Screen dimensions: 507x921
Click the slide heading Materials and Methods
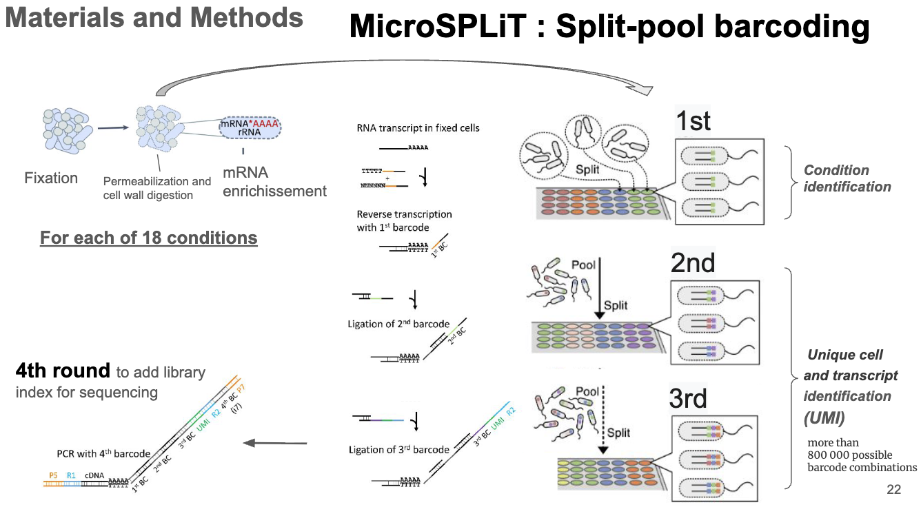pyautogui.click(x=154, y=18)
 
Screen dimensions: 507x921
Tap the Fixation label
pyautogui.click(x=51, y=178)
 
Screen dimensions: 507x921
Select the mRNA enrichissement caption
pyautogui.click(x=274, y=182)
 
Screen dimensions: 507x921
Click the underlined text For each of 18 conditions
pyautogui.click(x=148, y=238)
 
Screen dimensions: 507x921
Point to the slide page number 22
pyautogui.click(x=893, y=490)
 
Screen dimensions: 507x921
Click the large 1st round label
pyautogui.click(x=693, y=121)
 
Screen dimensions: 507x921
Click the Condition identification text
pyautogui.click(x=847, y=178)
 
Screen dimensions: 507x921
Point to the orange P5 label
pyautogui.click(x=53, y=475)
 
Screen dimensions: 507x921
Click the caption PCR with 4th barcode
pyautogui.click(x=103, y=454)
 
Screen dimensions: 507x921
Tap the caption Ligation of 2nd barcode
pyautogui.click(x=399, y=324)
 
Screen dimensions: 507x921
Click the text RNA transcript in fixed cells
pyautogui.click(x=418, y=128)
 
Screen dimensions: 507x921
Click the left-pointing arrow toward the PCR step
pyautogui.click(x=276, y=444)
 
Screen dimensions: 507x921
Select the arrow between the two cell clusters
pyautogui.click(x=113, y=127)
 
